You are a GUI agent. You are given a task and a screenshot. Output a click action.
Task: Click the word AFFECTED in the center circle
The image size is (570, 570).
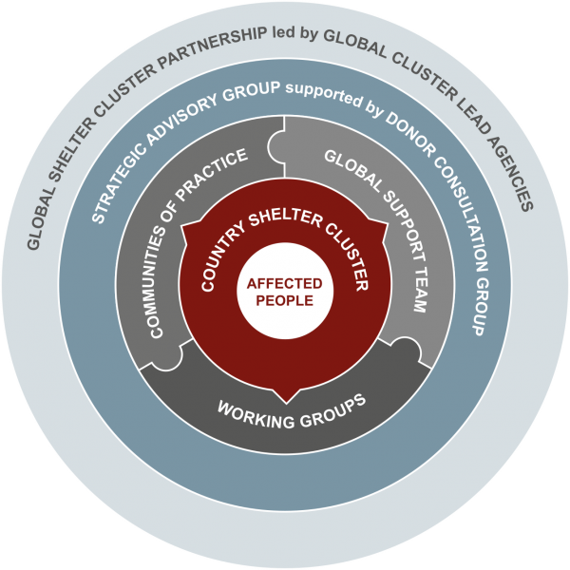(285, 284)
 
